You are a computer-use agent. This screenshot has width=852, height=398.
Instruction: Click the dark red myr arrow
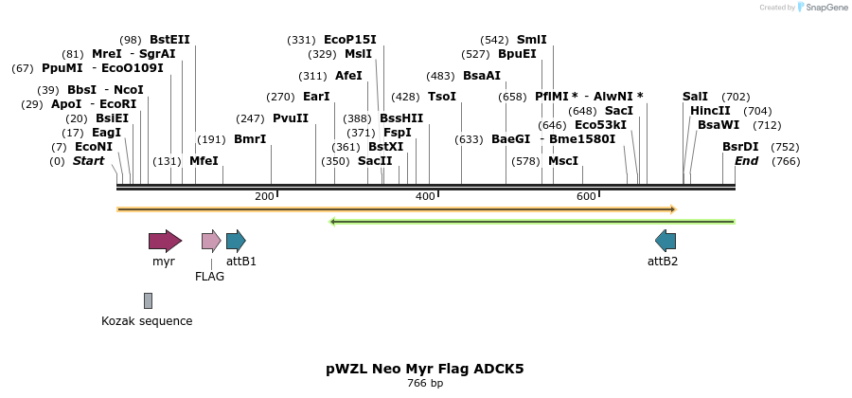(x=165, y=241)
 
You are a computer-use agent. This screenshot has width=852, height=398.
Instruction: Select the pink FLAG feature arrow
(x=211, y=241)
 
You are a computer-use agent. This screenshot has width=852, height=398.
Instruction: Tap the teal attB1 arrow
(x=236, y=241)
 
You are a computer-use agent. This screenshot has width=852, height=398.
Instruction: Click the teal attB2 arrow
(x=666, y=241)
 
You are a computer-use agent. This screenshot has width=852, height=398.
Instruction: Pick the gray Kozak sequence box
(x=148, y=300)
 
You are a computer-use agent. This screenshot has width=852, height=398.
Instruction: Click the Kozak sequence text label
(x=147, y=321)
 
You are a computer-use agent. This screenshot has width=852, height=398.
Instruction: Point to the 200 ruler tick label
(x=264, y=196)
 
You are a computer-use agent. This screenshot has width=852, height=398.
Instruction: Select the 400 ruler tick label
(x=425, y=196)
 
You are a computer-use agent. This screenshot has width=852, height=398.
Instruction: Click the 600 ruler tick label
(x=586, y=196)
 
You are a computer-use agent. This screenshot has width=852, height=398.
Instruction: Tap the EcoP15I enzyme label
(x=349, y=40)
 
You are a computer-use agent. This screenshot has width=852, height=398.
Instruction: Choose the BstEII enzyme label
(x=169, y=40)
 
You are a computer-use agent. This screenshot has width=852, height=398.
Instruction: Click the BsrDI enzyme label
(x=740, y=147)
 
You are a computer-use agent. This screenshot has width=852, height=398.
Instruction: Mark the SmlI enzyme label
(x=531, y=40)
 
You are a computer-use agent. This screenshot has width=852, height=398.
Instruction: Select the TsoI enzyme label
(x=441, y=97)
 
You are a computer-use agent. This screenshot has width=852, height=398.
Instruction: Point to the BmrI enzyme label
(x=250, y=139)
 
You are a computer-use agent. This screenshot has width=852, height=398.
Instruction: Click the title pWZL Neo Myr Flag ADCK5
(x=424, y=369)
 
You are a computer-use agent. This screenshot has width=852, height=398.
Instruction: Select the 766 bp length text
(x=425, y=384)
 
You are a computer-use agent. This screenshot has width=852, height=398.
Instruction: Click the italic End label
(x=746, y=161)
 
